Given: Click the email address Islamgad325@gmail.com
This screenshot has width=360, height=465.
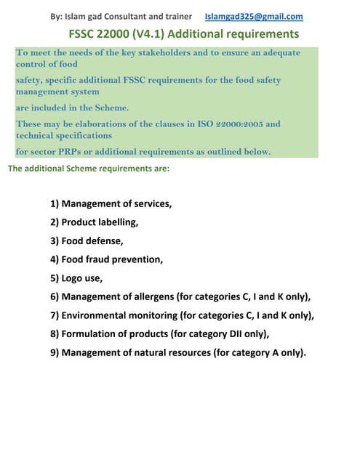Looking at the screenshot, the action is click(x=254, y=17).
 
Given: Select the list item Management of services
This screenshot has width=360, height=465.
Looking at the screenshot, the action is click(x=116, y=203).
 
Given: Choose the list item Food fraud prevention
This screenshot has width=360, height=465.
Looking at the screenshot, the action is click(x=112, y=259).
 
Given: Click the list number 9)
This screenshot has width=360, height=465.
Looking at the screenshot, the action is click(x=55, y=353).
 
